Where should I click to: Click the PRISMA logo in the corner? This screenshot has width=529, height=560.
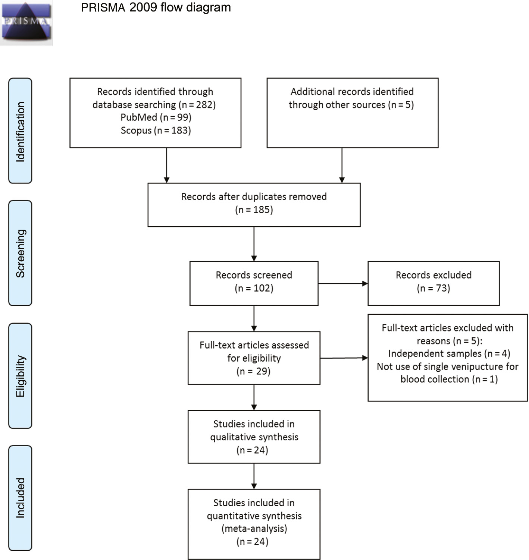coord(26,22)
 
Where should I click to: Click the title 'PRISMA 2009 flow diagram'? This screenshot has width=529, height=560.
coord(156,7)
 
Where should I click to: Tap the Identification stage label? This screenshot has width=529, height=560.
coord(20,131)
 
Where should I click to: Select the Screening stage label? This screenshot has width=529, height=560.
coord(20,253)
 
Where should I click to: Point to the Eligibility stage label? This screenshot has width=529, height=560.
coord(20,376)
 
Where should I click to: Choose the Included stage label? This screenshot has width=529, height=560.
coord(20,498)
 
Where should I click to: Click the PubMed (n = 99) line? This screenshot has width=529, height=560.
coord(156,117)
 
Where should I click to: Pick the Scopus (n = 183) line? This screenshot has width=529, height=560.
coord(156,130)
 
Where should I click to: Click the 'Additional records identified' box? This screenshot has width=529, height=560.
coord(352,113)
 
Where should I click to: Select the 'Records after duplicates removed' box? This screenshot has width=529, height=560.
coord(254,204)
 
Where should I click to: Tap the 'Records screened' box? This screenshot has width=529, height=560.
coord(254,283)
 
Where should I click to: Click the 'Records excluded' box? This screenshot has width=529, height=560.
coord(433,283)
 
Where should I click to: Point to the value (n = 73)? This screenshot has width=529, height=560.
coord(433,288)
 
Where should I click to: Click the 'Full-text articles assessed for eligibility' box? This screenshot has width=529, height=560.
coord(254,358)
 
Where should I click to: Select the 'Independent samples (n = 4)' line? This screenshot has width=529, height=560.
coord(449,353)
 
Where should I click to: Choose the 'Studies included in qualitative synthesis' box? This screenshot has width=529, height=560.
coord(254,437)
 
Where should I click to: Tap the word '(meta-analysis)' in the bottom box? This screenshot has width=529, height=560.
coord(254,529)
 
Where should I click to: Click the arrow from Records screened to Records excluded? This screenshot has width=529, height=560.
coord(342,283)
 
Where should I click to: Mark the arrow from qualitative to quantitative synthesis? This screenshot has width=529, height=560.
coord(254,476)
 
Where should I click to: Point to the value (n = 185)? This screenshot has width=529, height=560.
coord(254,210)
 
